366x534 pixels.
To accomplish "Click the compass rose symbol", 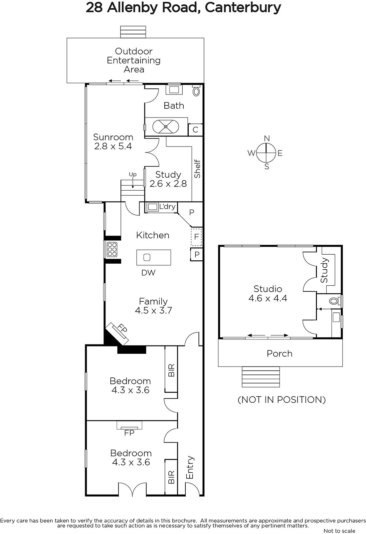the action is coord(266,152).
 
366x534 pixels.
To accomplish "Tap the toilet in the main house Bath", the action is coord(196,90).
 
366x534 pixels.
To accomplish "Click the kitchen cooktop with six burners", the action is coord(112,249).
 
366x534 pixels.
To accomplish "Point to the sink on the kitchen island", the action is coord(147,257).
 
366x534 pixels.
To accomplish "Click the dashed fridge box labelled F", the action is coord(196,237).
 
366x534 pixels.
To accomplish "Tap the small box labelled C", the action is coord(195,130).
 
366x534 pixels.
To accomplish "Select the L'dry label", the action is coord(168,207).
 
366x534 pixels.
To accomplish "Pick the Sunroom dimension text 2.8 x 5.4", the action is coord(113,146).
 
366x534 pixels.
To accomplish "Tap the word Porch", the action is coord(280,353).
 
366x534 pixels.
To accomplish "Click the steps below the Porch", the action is coord(261,377).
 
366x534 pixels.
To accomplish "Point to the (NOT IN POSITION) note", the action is coord(282,400).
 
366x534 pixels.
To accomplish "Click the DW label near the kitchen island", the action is coord(148,272).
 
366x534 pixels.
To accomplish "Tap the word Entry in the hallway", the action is coord(190,468).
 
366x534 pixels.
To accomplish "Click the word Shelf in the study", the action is coord(197,169).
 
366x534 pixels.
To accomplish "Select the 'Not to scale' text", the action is coord(339,531).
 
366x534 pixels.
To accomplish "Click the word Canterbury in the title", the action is coord(243,7).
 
